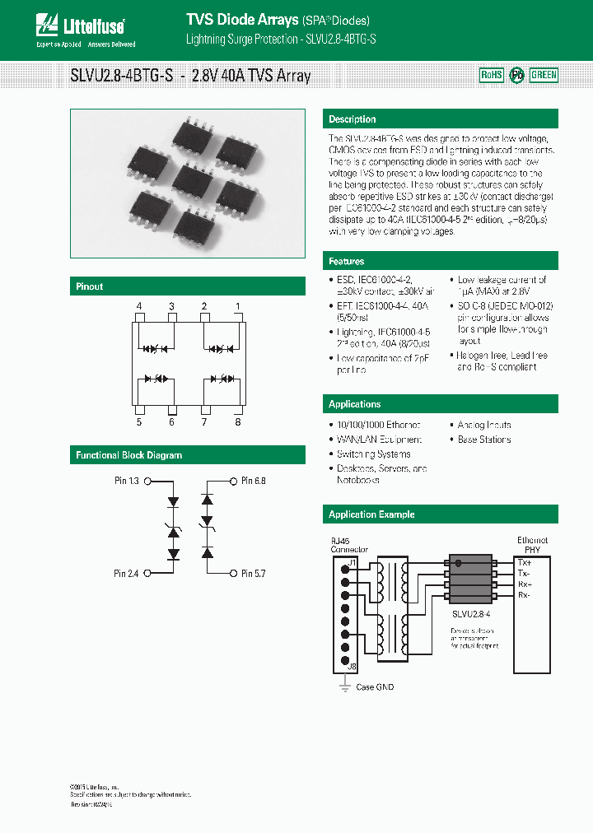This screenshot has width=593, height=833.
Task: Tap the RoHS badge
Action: click(x=491, y=75)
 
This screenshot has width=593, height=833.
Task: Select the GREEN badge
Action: click(x=544, y=75)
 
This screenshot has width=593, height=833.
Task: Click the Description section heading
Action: click(x=353, y=119)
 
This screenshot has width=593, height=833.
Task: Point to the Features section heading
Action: click(x=347, y=261)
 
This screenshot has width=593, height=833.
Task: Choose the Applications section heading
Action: click(x=355, y=404)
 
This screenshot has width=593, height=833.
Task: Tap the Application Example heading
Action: click(x=371, y=514)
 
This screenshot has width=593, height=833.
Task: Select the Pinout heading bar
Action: click(x=90, y=286)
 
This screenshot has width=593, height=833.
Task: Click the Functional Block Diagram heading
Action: click(x=129, y=455)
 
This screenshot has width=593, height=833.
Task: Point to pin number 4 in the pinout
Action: click(x=139, y=307)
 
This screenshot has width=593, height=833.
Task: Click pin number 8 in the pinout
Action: click(x=238, y=422)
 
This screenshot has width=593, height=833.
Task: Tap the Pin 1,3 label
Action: click(x=127, y=481)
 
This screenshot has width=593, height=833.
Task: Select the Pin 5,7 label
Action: click(x=254, y=573)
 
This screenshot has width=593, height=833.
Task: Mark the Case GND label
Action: click(x=375, y=686)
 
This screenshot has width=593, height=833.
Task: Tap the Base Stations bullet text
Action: click(x=484, y=440)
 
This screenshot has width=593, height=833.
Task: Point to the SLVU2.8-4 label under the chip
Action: click(x=472, y=614)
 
